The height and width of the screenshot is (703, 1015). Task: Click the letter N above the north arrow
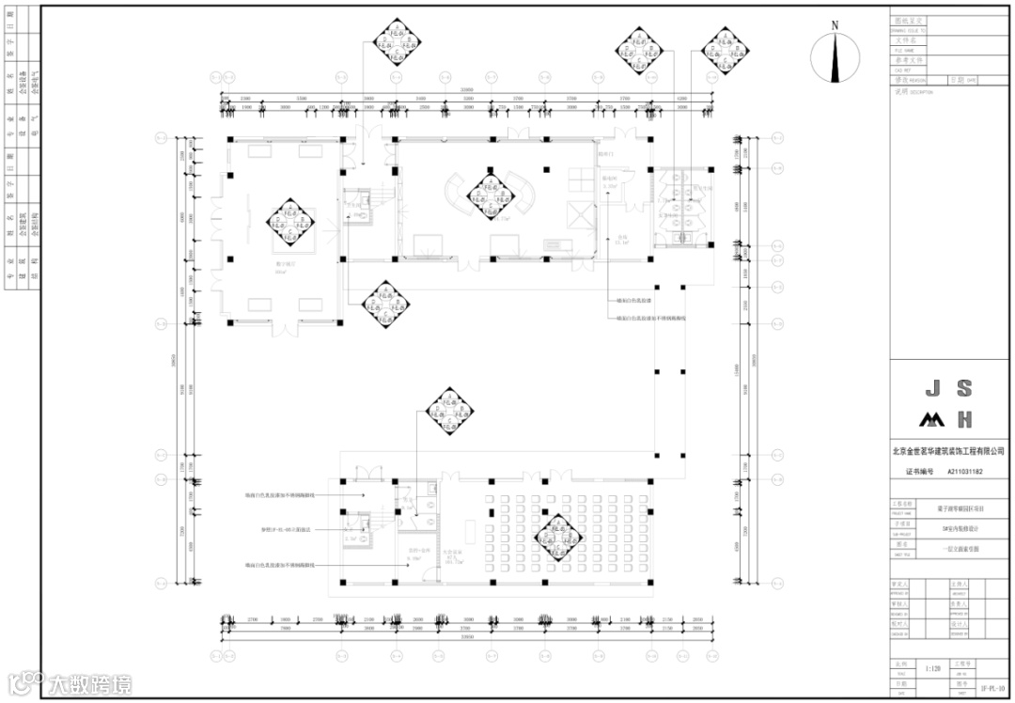click(x=835, y=26)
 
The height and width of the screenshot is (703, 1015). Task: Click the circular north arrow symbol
click(x=835, y=60)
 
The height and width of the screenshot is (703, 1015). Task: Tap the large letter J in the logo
click(x=932, y=388)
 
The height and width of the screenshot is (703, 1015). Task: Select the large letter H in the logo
click(x=964, y=419)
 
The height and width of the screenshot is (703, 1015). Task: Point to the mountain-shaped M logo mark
click(x=931, y=419)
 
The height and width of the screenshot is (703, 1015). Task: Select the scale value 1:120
click(x=933, y=669)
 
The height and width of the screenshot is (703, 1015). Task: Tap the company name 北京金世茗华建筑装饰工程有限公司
click(x=948, y=451)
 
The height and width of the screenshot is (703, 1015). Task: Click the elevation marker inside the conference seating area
click(x=556, y=537)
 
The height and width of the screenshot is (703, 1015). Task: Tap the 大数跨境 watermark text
click(x=90, y=683)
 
